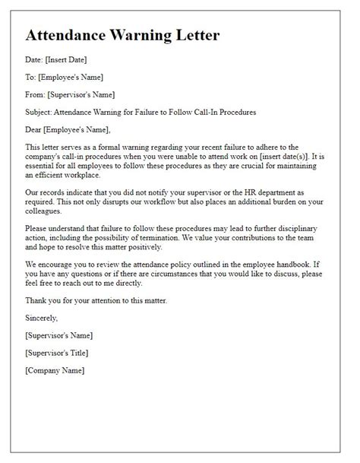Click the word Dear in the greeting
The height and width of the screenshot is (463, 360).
(x=35, y=130)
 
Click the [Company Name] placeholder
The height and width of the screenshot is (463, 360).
(x=55, y=370)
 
